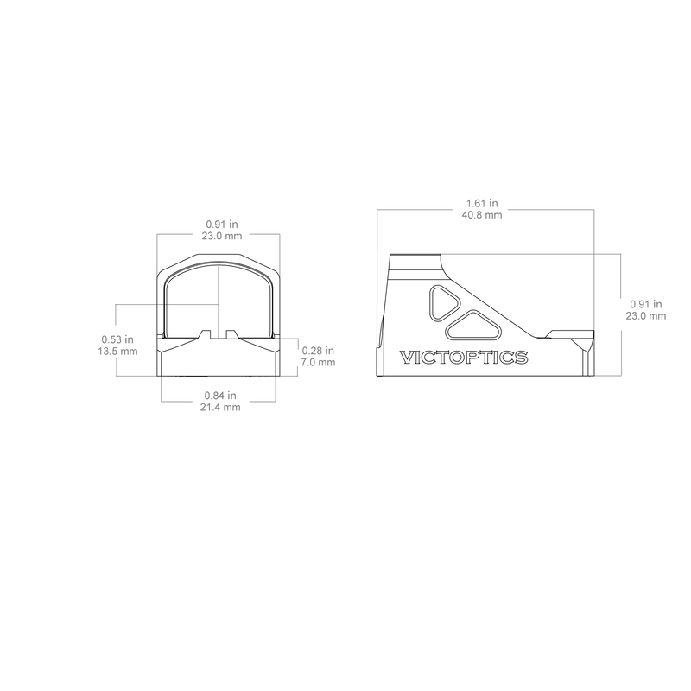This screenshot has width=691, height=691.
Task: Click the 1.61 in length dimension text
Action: click(x=482, y=203)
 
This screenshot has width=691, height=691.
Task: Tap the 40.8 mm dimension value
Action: click(x=482, y=215)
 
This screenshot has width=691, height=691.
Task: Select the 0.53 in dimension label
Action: click(x=117, y=339)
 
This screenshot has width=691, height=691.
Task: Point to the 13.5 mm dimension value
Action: click(x=117, y=352)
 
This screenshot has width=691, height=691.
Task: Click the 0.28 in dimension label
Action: click(x=318, y=351)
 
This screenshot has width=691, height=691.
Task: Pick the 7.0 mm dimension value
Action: click(x=318, y=362)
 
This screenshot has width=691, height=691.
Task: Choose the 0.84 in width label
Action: click(x=220, y=396)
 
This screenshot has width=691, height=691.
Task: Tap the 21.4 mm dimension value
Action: click(x=220, y=407)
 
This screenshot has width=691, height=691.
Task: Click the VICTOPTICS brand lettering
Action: click(x=464, y=358)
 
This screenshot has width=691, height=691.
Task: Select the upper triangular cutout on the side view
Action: click(x=442, y=303)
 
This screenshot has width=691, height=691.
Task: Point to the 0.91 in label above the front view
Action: click(x=222, y=225)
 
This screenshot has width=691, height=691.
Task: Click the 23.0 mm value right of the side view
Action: click(x=646, y=316)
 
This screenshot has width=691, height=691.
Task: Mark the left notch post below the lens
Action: click(x=206, y=334)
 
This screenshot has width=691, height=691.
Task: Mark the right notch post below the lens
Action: click(x=231, y=334)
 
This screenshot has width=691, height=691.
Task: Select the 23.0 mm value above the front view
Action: click(x=222, y=236)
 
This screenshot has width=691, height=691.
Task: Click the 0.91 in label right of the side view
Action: click(x=646, y=304)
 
